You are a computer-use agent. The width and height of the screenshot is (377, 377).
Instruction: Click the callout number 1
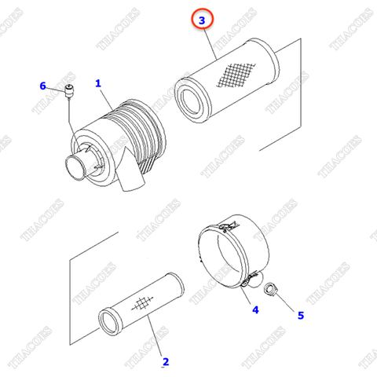[x=99, y=83]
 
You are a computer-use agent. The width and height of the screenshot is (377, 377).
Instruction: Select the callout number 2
[x=165, y=361]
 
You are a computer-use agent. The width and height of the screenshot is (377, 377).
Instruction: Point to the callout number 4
[x=254, y=310]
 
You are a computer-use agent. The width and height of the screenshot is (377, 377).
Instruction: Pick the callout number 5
[x=298, y=316]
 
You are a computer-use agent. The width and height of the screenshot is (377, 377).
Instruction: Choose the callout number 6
[x=43, y=86]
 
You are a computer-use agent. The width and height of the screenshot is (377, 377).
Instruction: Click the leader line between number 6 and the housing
[x=70, y=118]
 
